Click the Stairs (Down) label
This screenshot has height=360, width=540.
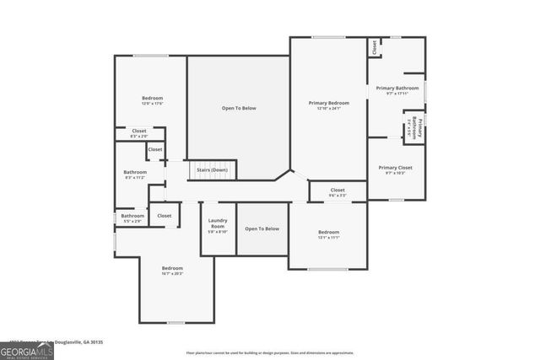tap(212, 170)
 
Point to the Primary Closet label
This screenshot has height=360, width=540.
tap(395, 169)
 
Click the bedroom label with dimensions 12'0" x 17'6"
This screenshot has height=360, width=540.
tap(152, 101)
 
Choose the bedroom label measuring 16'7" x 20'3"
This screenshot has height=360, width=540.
tap(172, 271)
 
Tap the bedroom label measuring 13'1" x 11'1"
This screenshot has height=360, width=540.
tap(328, 234)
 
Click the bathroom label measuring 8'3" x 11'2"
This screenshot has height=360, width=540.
tap(135, 175)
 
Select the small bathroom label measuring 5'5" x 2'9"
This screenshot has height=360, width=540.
tap(132, 218)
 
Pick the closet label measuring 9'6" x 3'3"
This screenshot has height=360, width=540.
tap(337, 191)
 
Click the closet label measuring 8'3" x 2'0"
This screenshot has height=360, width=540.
tap(139, 133)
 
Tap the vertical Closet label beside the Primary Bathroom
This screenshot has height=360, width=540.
tap(374, 48)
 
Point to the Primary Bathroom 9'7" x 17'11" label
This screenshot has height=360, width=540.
tap(397, 89)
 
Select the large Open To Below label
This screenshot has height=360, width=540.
tap(239, 108)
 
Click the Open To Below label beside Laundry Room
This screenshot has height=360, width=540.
tap(262, 228)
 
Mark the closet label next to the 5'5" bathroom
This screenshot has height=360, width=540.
tap(164, 216)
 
